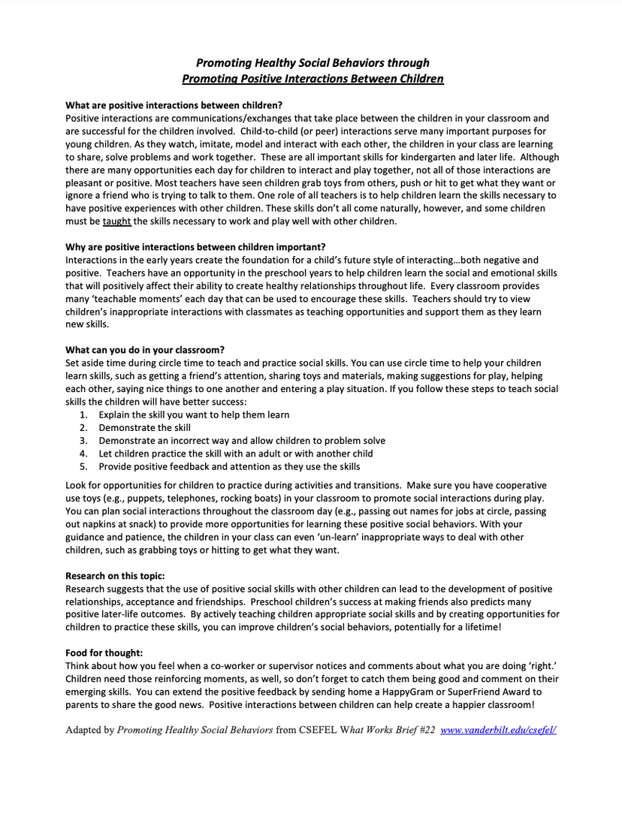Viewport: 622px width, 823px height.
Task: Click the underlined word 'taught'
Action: [x=116, y=222]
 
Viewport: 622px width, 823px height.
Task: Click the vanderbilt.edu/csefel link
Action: [x=498, y=729]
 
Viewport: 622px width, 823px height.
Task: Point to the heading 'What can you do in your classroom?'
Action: [x=145, y=349]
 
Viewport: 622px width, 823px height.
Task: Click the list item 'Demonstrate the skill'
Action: [x=144, y=427]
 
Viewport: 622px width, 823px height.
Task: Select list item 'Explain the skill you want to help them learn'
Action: [x=194, y=415]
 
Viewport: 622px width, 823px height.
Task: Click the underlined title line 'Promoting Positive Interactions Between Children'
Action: [x=313, y=78]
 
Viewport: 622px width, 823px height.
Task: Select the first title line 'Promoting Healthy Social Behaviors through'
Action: [x=313, y=63]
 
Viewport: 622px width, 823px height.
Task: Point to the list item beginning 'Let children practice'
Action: [x=235, y=454]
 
